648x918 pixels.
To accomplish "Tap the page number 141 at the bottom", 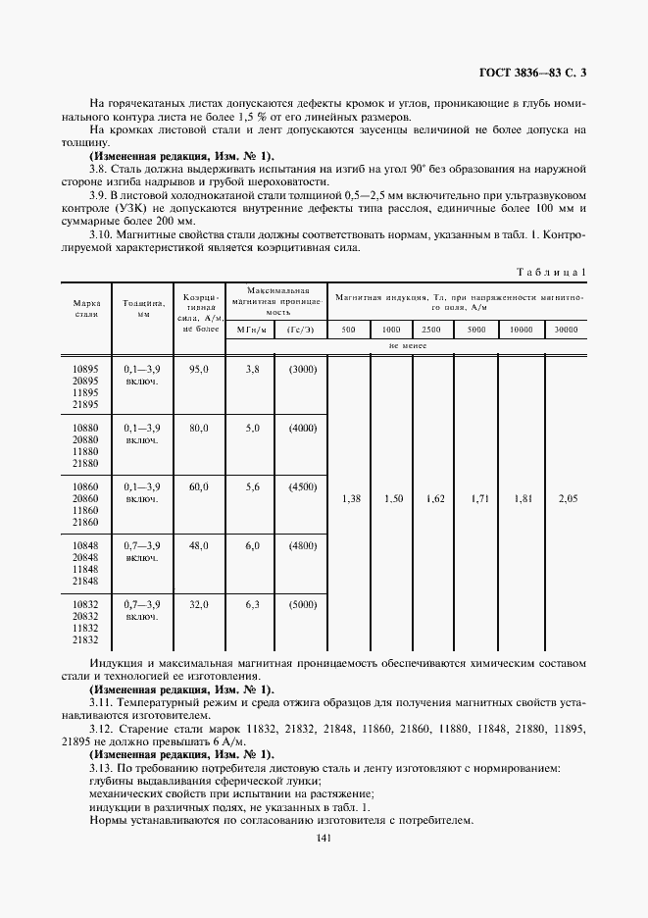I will pyautogui.click(x=324, y=838).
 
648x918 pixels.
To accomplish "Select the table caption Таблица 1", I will pyautogui.click(x=552, y=271).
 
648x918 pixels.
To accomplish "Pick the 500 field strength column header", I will pyautogui.click(x=348, y=330).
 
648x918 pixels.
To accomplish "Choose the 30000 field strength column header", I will pyautogui.click(x=566, y=330).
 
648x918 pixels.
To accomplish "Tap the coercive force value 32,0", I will pyautogui.click(x=199, y=605).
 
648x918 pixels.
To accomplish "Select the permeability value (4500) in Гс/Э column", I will pyautogui.click(x=301, y=487).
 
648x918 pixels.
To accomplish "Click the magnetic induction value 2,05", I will pyautogui.click(x=567, y=499).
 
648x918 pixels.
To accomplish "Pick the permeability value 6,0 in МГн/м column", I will pyautogui.click(x=250, y=546).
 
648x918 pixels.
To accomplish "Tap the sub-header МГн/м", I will pyautogui.click(x=249, y=330).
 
